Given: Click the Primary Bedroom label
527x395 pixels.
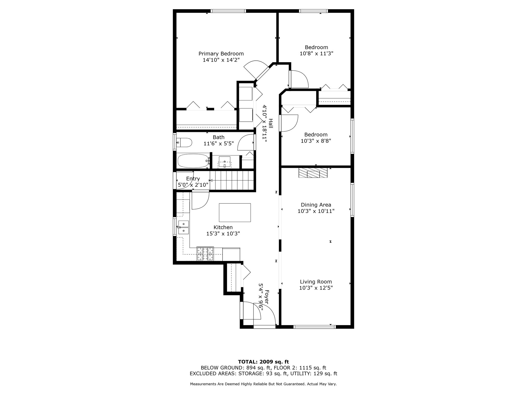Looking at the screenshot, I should [x=221, y=54].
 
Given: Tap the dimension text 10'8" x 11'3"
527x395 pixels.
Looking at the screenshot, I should [x=316, y=53].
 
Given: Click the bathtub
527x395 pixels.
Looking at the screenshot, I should [x=193, y=161].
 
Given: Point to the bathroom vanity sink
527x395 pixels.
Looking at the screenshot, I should [x=224, y=162].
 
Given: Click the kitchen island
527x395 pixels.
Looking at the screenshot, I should [x=235, y=212].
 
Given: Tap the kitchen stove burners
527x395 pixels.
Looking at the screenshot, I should [x=205, y=254].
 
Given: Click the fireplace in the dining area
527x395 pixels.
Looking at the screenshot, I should [x=313, y=173].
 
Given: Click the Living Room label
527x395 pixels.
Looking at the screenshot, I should [x=316, y=282].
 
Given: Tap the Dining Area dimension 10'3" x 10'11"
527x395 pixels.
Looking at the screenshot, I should [x=316, y=211].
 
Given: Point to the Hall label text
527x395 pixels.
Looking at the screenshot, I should [x=270, y=123].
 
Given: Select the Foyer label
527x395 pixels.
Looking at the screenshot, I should [x=267, y=297].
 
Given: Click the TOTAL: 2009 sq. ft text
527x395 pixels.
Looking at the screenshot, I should [x=263, y=362].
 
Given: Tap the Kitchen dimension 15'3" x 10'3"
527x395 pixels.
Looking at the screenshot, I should [x=223, y=234].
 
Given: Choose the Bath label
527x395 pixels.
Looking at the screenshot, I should [x=218, y=137].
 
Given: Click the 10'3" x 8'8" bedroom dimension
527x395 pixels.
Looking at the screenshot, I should [x=316, y=141].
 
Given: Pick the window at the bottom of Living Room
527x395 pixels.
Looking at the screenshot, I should [x=314, y=327].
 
